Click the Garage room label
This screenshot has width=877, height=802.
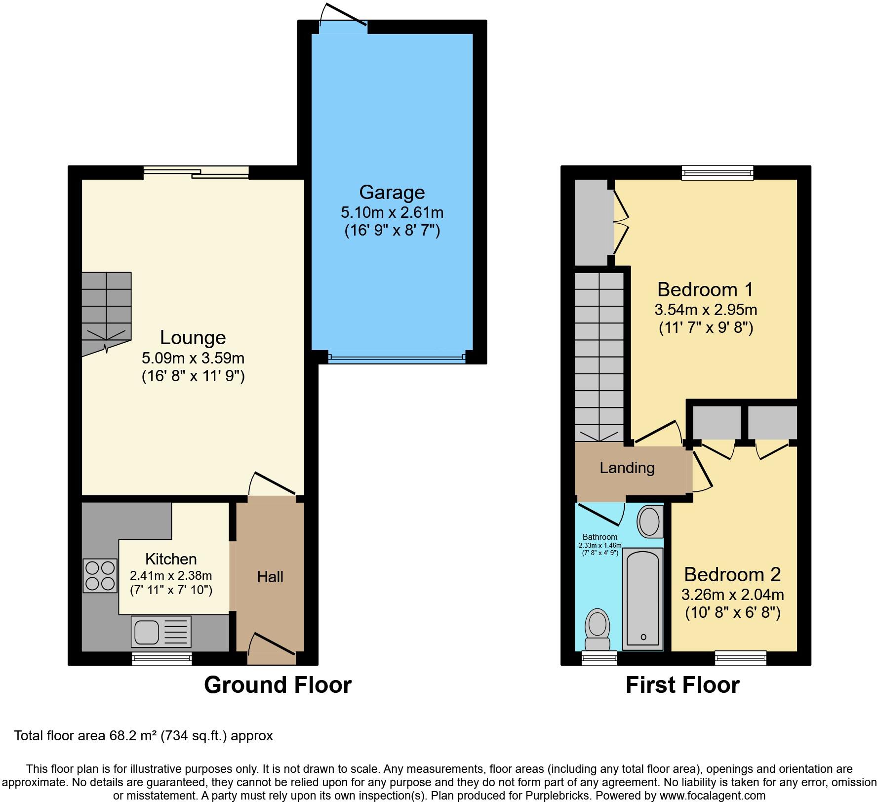click(x=392, y=192)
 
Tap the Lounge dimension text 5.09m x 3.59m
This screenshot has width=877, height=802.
click(x=193, y=358)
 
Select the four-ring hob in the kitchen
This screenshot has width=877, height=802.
click(x=100, y=575)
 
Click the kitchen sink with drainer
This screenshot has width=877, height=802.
click(x=161, y=632)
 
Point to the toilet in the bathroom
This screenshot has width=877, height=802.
click(x=597, y=629)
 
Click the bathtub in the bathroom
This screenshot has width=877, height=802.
click(x=642, y=599)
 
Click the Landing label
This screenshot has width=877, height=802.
click(x=627, y=468)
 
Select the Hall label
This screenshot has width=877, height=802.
click(x=270, y=577)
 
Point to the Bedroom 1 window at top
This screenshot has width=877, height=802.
click(x=718, y=172)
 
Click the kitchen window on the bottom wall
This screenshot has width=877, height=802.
click(x=162, y=658)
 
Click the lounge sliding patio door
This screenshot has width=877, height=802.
click(x=196, y=172)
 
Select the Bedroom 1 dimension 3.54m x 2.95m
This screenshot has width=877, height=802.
click(x=706, y=310)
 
